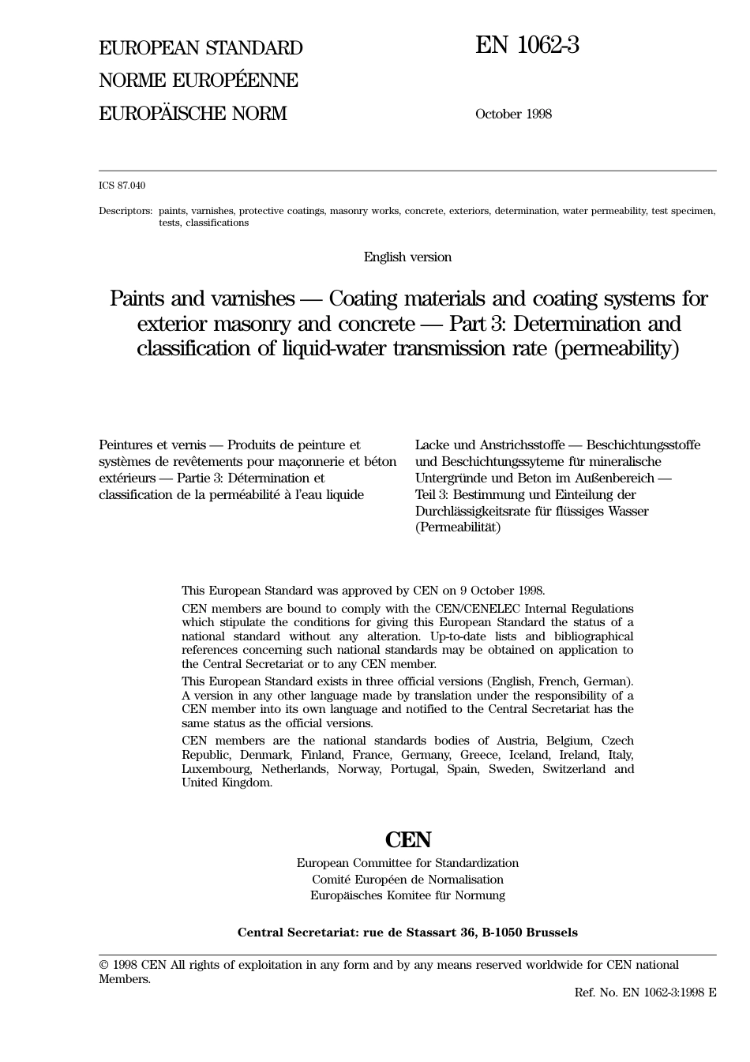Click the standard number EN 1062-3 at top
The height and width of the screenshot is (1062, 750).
tap(527, 46)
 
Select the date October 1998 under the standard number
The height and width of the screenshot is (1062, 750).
tap(513, 114)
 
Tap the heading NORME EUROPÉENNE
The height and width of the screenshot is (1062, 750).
tap(198, 81)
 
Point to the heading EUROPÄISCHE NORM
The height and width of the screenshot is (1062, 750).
tap(193, 114)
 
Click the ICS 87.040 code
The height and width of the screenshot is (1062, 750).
tap(122, 186)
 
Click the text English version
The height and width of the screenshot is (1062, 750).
tap(407, 257)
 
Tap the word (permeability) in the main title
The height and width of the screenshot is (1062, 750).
tap(617, 348)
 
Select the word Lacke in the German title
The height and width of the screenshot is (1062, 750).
tap(433, 445)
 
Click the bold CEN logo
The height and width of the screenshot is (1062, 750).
tap(407, 839)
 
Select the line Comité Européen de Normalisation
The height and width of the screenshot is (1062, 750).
tap(407, 880)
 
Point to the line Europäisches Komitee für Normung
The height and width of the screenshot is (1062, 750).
tap(407, 895)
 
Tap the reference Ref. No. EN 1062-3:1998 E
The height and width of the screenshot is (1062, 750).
tap(645, 993)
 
